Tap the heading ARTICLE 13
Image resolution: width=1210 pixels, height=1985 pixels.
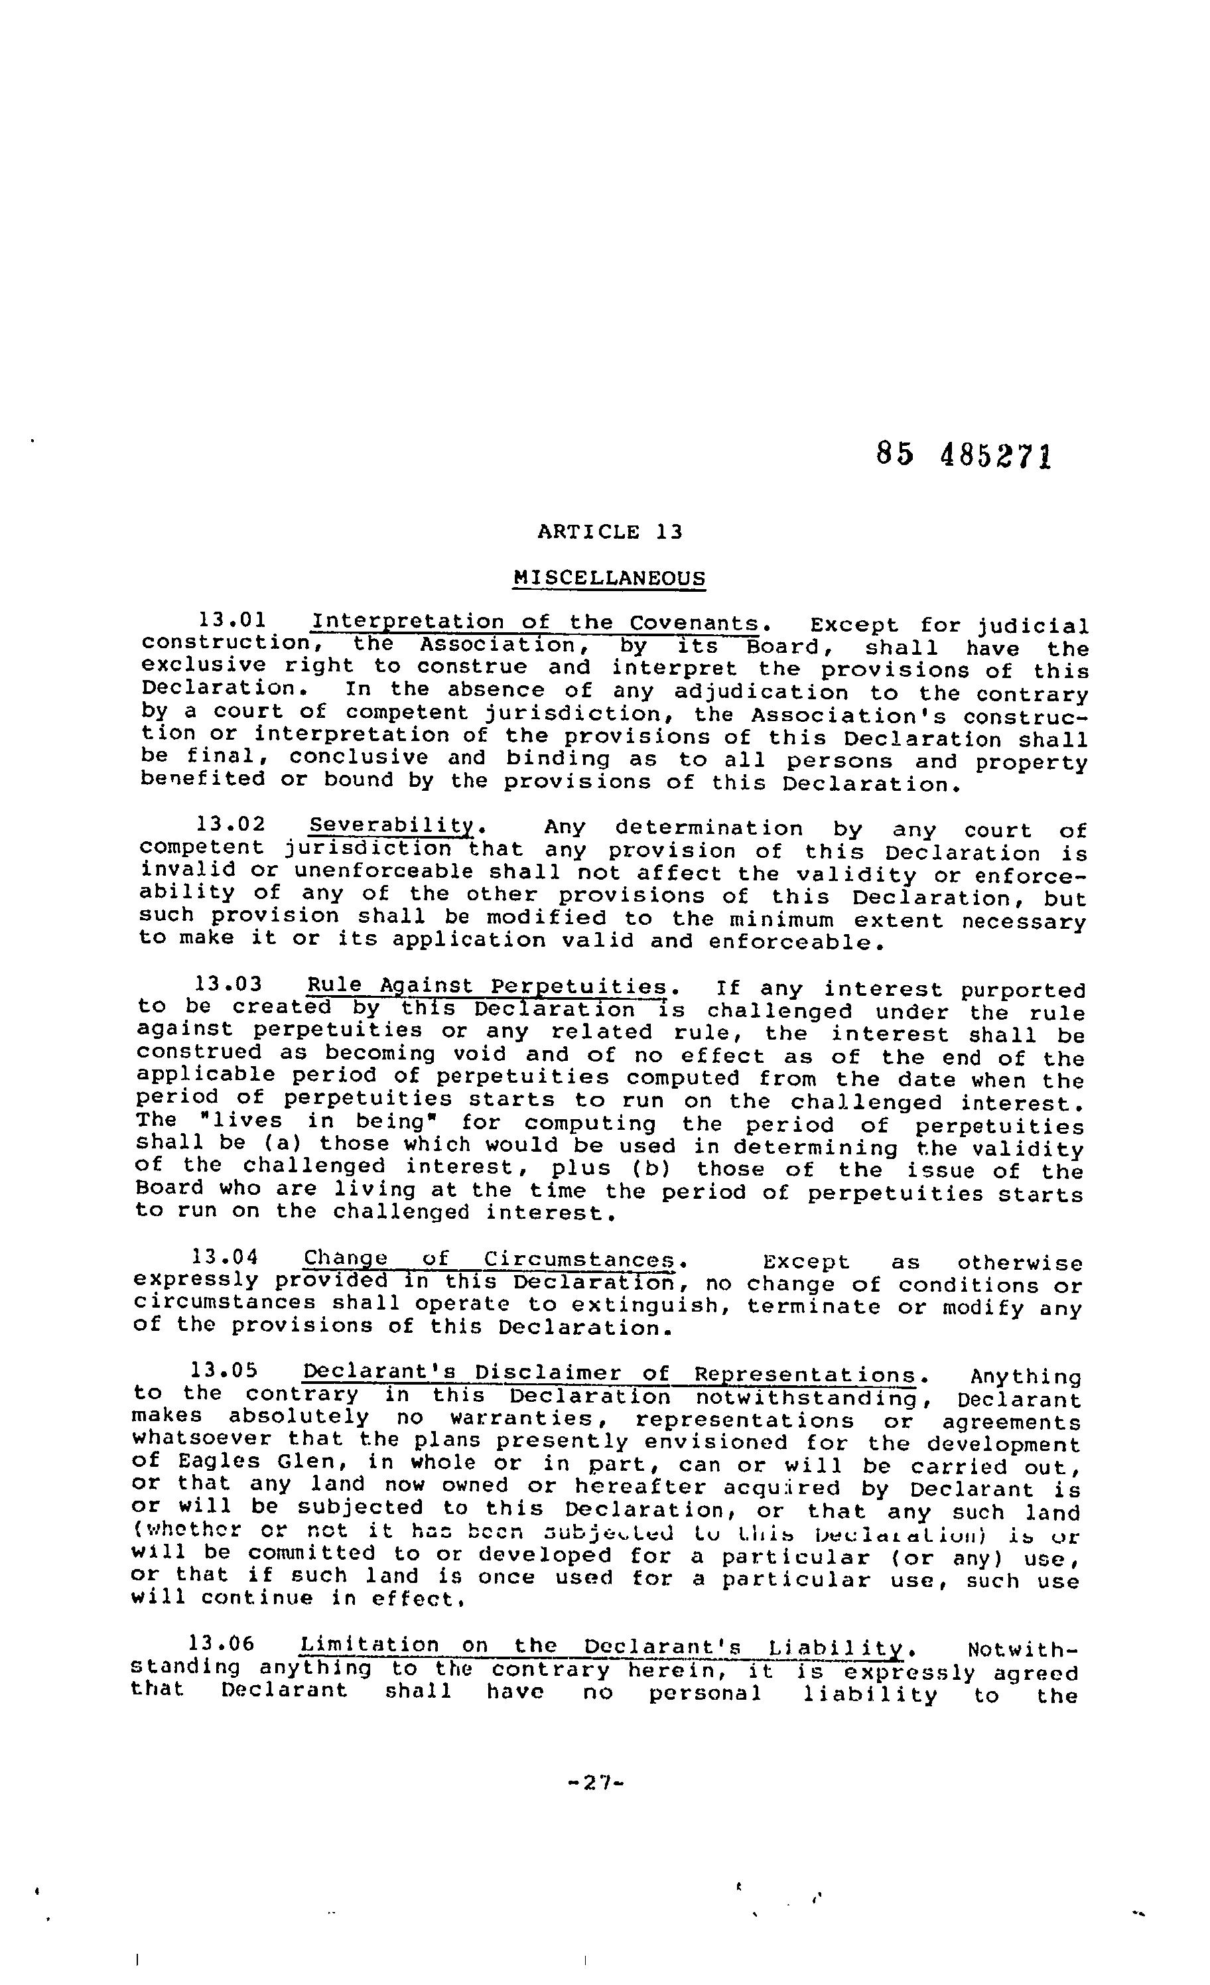click(610, 531)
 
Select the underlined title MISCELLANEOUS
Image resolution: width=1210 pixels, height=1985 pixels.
click(609, 578)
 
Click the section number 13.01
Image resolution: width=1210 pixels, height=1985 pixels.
click(232, 620)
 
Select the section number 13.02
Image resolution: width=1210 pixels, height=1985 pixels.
click(230, 824)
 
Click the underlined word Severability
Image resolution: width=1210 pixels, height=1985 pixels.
click(392, 826)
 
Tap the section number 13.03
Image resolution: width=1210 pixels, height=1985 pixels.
click(229, 984)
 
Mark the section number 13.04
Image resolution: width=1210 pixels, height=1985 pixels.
click(226, 1257)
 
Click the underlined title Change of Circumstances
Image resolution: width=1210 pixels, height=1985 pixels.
click(488, 1259)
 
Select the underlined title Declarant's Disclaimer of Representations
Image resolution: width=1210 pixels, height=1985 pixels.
click(609, 1373)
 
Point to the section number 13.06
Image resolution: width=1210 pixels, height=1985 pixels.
click(222, 1643)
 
